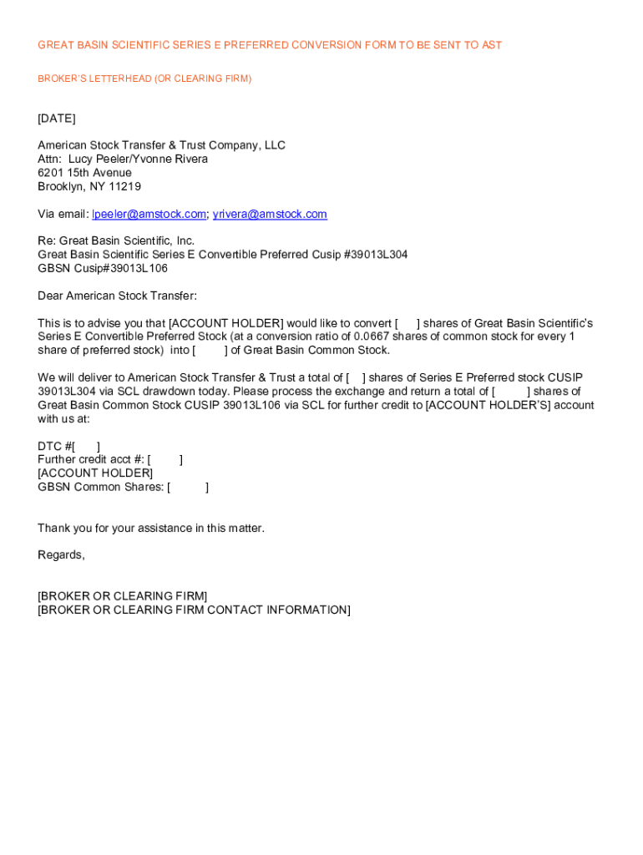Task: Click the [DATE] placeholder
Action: click(56, 119)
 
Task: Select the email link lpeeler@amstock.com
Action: click(149, 215)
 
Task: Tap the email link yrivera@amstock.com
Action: click(270, 215)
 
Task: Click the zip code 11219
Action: click(124, 187)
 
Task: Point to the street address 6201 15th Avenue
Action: click(84, 173)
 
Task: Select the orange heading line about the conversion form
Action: click(270, 45)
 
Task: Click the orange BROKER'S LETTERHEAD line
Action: click(144, 78)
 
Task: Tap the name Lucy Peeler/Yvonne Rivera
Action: click(138, 159)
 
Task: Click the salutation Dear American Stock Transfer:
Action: click(117, 296)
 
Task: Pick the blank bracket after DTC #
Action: click(86, 446)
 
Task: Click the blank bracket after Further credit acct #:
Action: click(165, 459)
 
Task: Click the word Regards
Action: click(60, 555)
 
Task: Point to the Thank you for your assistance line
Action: click(151, 528)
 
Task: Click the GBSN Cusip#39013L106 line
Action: click(103, 268)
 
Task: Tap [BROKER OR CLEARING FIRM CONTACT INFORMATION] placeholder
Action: click(194, 610)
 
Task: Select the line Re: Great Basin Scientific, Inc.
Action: click(116, 241)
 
